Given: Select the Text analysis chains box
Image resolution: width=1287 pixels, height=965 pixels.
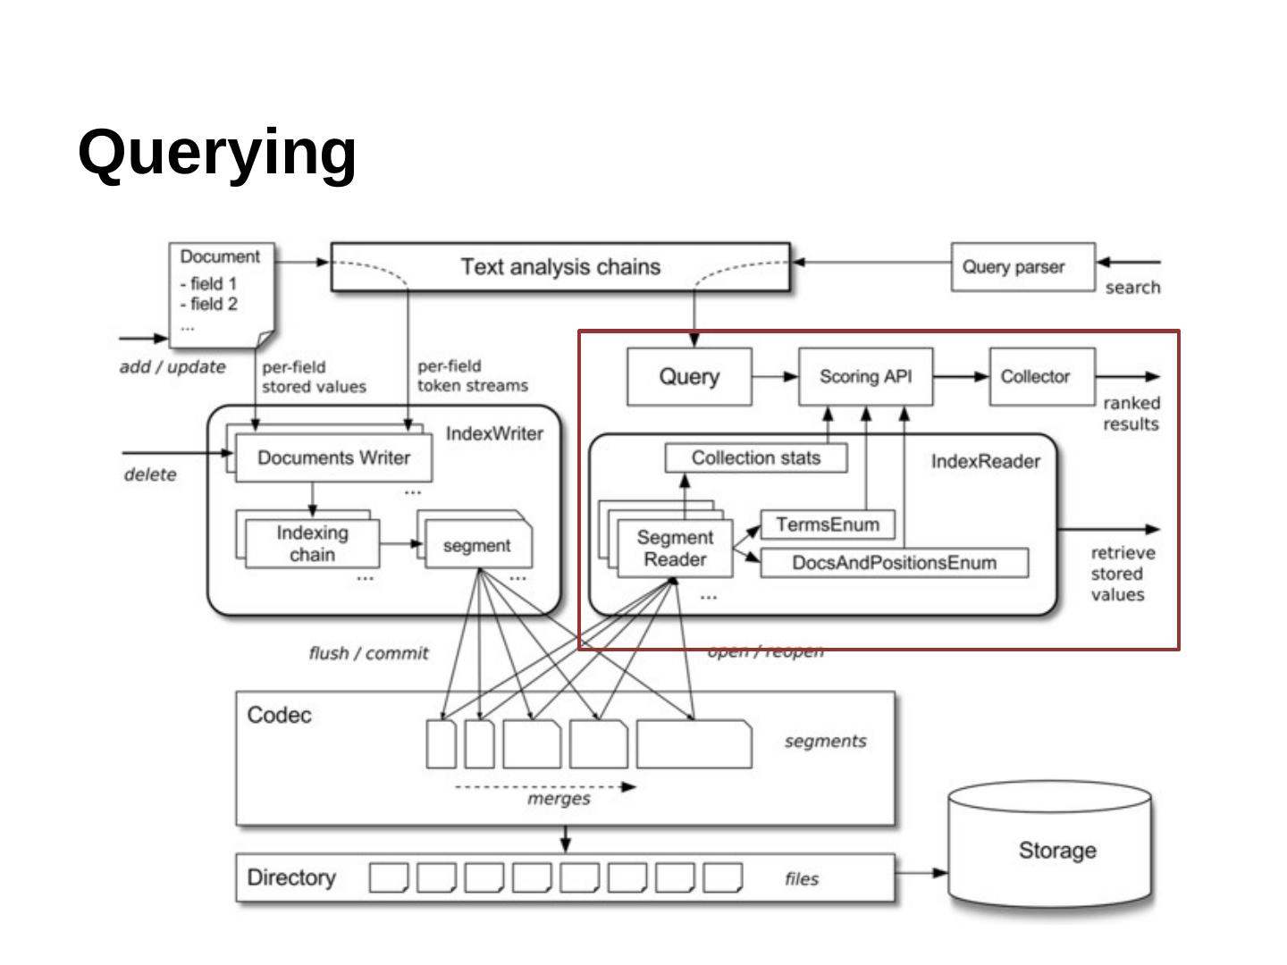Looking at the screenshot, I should pos(560,266).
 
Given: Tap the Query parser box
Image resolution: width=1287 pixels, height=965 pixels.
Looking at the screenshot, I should pos(1022,266).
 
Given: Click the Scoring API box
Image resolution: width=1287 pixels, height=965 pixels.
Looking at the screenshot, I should pos(865,377).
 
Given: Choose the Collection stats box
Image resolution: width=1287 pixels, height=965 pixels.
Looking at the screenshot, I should pos(756,458).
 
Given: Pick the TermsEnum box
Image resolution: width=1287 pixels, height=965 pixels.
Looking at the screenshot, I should pos(827,524).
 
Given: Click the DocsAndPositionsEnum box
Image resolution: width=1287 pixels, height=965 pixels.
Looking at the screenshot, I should pos(894,563).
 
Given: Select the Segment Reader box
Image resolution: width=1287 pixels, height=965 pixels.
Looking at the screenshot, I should pos(675,549).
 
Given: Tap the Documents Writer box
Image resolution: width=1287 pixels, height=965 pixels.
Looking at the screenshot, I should pos(333,457).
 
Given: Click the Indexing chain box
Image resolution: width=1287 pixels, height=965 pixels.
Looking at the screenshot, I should pos(312,543).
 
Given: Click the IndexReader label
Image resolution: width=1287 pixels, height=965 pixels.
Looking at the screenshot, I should pos(986,462).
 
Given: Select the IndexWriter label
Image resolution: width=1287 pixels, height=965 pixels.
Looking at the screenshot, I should pos(494,434).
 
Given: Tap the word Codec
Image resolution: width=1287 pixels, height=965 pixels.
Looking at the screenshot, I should pos(279,715).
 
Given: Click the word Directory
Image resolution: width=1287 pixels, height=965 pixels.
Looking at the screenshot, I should pos(291,877).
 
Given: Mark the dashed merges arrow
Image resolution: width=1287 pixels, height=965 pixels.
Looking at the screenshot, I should pos(545,787).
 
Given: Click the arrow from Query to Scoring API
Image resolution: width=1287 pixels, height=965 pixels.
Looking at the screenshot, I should pos(775,377).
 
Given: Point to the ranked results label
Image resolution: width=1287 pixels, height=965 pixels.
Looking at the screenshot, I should pos(1131,414).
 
